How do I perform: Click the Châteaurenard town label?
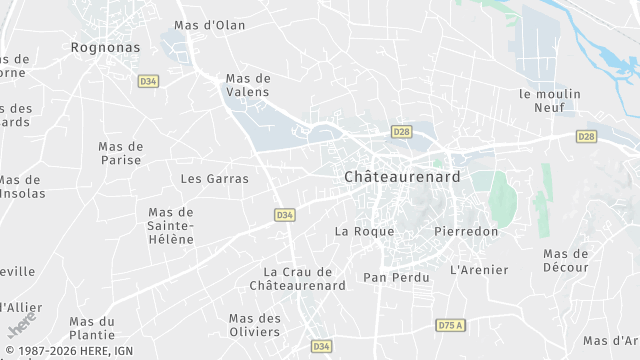[x=402, y=176]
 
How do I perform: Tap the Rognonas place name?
[x=104, y=46]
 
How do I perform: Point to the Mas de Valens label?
[x=248, y=85]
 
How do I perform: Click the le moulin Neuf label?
[x=549, y=100]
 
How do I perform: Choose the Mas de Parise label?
[x=121, y=153]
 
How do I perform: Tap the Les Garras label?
[x=214, y=179]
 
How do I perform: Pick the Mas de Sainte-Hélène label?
[x=171, y=226]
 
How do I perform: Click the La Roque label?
[x=365, y=231]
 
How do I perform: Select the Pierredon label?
[x=466, y=231]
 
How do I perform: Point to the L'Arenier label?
[x=479, y=270]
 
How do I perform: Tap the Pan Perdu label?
[x=396, y=278]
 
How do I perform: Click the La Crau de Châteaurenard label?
[x=297, y=279]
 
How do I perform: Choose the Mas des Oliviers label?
[x=255, y=325]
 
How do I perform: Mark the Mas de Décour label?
[x=566, y=261]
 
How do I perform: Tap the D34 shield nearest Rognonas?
[x=149, y=81]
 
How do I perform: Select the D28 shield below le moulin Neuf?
[x=587, y=136]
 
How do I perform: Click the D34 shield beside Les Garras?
[x=284, y=215]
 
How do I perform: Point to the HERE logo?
[x=22, y=325]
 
